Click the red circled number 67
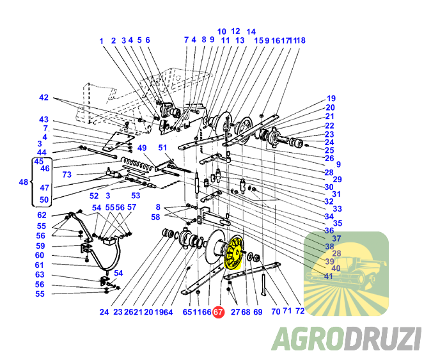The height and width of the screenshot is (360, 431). tap(218, 312)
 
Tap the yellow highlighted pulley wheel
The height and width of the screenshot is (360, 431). tap(233, 251)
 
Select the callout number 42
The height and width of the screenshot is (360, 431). tap(43, 98)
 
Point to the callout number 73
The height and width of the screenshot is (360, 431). tap(67, 175)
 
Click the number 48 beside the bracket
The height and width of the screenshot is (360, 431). tap(24, 182)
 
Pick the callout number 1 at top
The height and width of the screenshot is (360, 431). tap(102, 41)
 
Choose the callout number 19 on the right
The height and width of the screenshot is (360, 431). tap(331, 98)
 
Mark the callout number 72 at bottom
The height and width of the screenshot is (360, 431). tap(300, 311)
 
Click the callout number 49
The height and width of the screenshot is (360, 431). tap(142, 148)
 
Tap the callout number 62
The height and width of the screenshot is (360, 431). tap(42, 215)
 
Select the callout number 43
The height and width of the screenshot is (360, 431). tap(43, 120)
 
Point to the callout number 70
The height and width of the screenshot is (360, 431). tap(276, 311)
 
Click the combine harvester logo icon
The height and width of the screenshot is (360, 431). tap(346, 274)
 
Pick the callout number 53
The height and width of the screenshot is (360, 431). tap(136, 196)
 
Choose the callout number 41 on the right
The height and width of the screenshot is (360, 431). tap(329, 276)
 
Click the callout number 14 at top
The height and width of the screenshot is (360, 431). tap(251, 31)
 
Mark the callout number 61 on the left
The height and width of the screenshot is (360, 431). tap(39, 265)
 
